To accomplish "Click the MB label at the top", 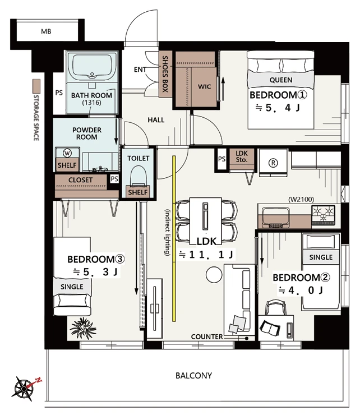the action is coord(46,31).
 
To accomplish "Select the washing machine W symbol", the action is coord(67,153).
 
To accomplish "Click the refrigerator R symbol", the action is coord(273,163).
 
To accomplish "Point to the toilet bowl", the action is coord(138,176).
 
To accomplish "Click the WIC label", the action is coord(204,86).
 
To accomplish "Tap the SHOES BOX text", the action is coord(165,74).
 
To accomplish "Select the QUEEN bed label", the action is coord(281,80).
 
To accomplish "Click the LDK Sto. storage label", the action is coord(242,156).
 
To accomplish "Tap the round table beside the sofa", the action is coord(214,274).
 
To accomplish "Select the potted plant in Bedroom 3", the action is coord(82,328).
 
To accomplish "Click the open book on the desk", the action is coord(270,328).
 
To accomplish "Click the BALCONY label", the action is coord(194,376).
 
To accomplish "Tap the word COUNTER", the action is coord(207,336).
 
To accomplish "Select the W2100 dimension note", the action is coord(301,199).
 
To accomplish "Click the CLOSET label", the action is coord(81,180).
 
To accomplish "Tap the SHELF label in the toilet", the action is coord(137,192).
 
